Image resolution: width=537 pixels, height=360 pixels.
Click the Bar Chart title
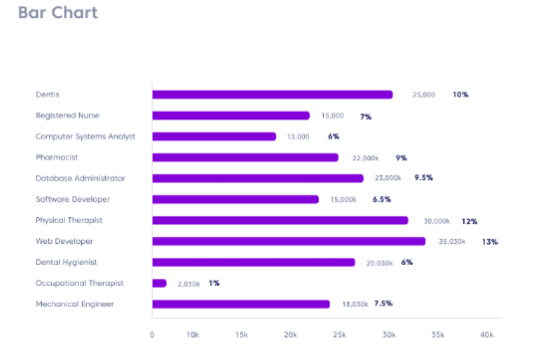pyautogui.click(x=58, y=13)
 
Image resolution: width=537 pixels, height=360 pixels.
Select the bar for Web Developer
pyautogui.click(x=288, y=241)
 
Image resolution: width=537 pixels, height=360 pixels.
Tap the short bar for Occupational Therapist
pyautogui.click(x=160, y=283)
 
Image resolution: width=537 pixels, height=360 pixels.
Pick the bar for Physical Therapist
pyautogui.click(x=280, y=221)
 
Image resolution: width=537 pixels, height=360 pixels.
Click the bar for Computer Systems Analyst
pyautogui.click(x=214, y=136)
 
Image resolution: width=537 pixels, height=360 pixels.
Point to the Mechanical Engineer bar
pyautogui.click(x=241, y=304)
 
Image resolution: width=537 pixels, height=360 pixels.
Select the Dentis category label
pyautogui.click(x=47, y=94)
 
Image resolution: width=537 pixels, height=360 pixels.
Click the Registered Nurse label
pyautogui.click(x=67, y=116)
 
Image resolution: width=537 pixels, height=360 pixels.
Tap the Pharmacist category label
pyautogui.click(x=56, y=157)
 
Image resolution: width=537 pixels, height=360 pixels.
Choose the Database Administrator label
pyautogui.click(x=80, y=178)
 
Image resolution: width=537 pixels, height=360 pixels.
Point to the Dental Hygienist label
pyautogui.click(x=66, y=262)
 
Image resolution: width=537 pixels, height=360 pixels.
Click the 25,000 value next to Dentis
pyautogui.click(x=424, y=94)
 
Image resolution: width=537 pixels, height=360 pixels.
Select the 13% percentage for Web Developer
pyautogui.click(x=490, y=242)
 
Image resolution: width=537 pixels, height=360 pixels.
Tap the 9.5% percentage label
pyautogui.click(x=424, y=178)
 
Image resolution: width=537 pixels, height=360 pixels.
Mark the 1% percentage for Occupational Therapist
pyautogui.click(x=214, y=283)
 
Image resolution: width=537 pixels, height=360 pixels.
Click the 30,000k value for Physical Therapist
pyautogui.click(x=437, y=221)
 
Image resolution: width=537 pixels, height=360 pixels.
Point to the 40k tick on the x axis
pyautogui.click(x=487, y=335)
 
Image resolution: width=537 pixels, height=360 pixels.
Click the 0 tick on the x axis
pyautogui.click(x=152, y=335)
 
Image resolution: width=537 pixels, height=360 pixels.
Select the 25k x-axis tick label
pyautogui.click(x=340, y=335)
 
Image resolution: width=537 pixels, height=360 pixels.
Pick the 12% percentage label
pyautogui.click(x=470, y=221)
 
